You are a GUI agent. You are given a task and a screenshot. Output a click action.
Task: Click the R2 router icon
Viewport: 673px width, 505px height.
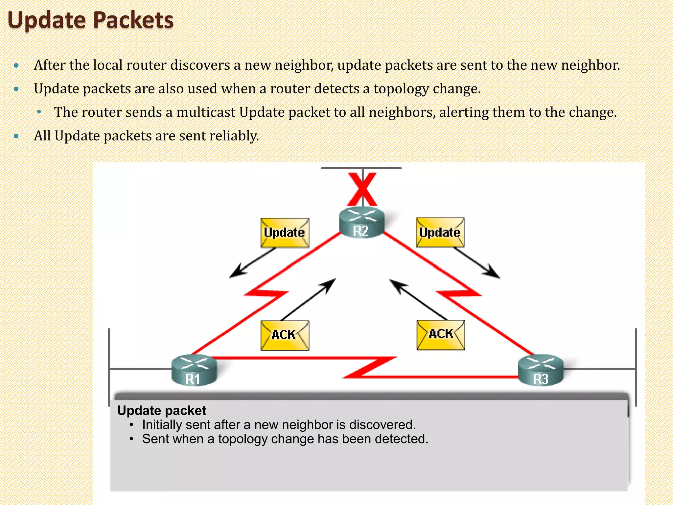(x=361, y=222)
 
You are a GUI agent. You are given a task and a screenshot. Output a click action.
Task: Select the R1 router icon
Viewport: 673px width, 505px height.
(x=194, y=370)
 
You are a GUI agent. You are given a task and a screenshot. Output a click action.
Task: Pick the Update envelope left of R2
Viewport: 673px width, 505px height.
(x=285, y=232)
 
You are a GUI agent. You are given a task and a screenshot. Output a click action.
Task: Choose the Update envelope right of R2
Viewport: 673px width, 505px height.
(x=440, y=232)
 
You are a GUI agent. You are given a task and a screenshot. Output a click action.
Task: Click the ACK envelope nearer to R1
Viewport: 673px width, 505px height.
(x=285, y=335)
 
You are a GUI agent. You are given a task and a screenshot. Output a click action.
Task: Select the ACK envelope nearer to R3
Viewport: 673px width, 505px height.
(x=441, y=335)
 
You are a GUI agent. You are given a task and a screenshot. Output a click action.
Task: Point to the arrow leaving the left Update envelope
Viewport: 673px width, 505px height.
(x=251, y=263)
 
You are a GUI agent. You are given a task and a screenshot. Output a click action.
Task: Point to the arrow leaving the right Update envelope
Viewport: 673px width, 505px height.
(x=477, y=263)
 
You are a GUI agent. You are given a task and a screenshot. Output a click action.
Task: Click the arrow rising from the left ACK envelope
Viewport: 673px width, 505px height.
(x=309, y=299)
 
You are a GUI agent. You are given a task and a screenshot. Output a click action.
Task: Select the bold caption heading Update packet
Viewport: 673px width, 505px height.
(x=162, y=410)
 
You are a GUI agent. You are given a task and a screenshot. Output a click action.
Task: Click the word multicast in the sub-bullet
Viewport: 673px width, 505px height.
(x=206, y=112)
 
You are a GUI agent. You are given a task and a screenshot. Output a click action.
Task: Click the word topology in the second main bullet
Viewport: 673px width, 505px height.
(x=401, y=89)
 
